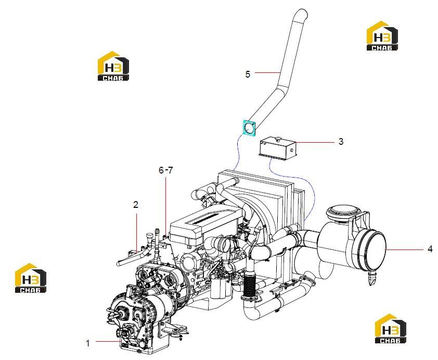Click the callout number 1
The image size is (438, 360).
point(88,343)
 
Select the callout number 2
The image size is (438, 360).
point(136,205)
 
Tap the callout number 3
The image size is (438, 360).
point(341,142)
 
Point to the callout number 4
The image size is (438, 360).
point(430,249)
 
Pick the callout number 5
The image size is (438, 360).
point(248,75)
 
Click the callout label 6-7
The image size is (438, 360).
point(165,170)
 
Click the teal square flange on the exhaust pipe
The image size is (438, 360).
point(249,128)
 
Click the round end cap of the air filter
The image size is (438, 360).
point(371,250)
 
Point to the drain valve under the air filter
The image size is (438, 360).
point(372,278)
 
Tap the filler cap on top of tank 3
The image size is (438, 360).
point(278,138)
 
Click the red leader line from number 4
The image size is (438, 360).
point(405,249)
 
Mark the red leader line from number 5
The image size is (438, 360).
point(267,72)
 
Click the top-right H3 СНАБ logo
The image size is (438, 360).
point(382,36)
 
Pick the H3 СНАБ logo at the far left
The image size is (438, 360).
point(31,278)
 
